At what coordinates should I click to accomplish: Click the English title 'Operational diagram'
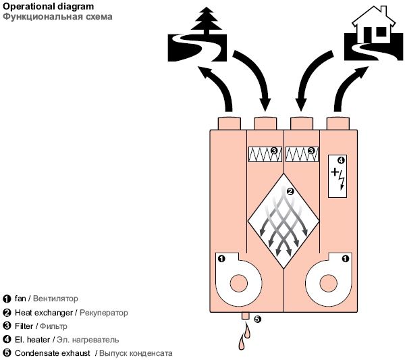[38, 6]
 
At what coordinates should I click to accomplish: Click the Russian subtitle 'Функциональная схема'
[42, 16]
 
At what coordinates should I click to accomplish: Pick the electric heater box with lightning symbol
[338, 176]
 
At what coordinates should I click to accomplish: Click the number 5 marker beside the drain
[257, 319]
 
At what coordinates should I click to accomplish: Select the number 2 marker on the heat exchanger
[290, 191]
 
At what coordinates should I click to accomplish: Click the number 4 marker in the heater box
[340, 161]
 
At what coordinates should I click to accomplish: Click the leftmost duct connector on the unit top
[228, 122]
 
